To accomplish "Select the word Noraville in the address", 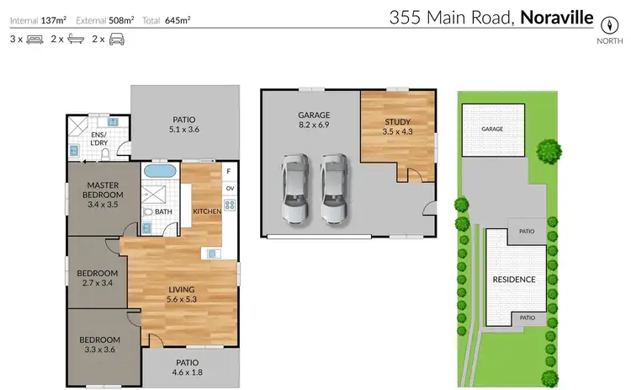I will click(557, 16).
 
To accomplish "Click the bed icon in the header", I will click(35, 39).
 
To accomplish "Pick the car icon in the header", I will click(116, 39).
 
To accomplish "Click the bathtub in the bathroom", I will click(159, 171).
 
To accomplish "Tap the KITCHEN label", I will click(206, 211).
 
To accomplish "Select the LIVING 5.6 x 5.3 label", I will click(182, 296).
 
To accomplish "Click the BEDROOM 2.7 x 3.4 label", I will click(97, 278).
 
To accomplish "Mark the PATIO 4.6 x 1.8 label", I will click(187, 367).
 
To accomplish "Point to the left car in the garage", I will click(294, 189).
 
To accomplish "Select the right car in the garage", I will click(333, 189).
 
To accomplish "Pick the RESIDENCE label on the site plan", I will click(513, 279).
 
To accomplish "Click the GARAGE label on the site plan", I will click(492, 130).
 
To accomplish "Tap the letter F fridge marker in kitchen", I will click(228, 171).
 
